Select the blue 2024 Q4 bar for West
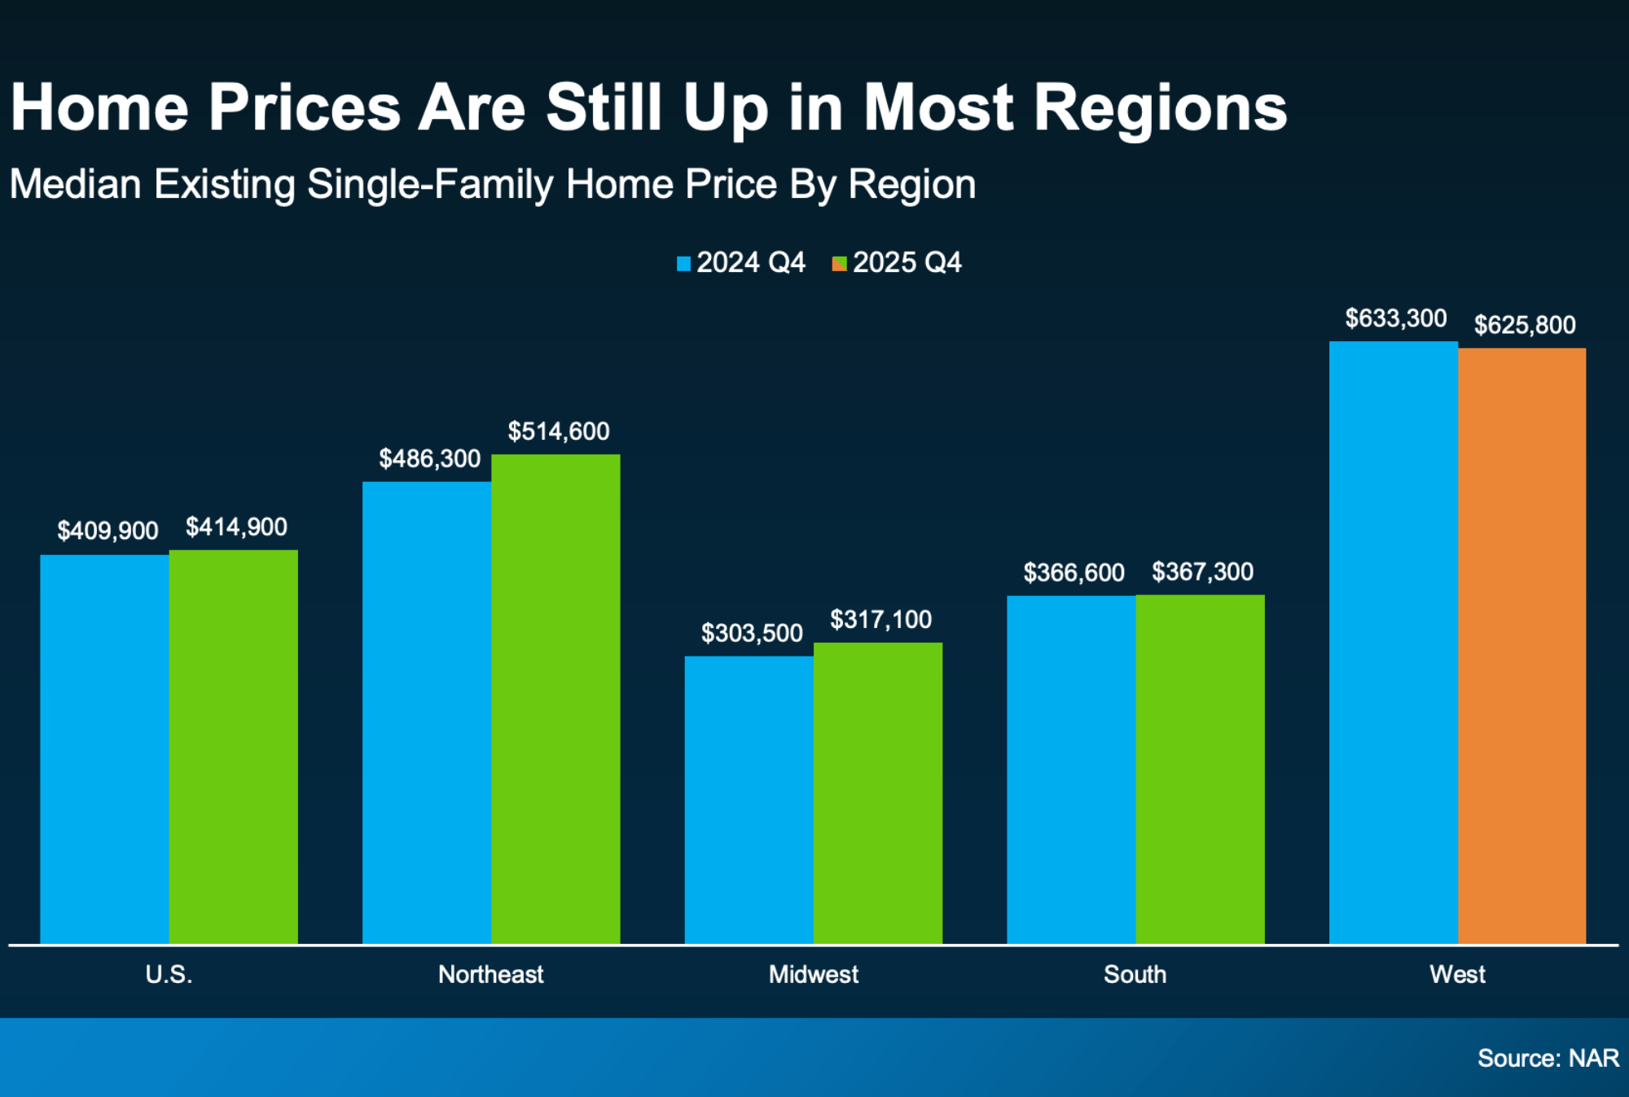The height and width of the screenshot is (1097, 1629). (x=1393, y=643)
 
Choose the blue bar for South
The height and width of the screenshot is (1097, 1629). (x=1071, y=770)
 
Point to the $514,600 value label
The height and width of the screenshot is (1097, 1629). (x=559, y=432)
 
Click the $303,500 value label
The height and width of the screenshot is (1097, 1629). (x=752, y=633)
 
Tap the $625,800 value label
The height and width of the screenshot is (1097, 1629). (x=1525, y=325)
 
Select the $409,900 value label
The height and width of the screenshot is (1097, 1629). (x=108, y=531)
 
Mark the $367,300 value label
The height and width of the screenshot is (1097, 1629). (x=1202, y=572)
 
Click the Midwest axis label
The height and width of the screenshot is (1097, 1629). (x=813, y=974)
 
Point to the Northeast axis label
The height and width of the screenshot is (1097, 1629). (x=490, y=974)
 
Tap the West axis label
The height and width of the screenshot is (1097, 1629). (x=1457, y=974)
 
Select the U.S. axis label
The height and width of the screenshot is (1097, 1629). (x=169, y=974)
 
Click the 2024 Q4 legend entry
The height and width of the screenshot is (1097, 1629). (x=741, y=263)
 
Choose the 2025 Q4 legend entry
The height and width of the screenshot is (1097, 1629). (x=898, y=263)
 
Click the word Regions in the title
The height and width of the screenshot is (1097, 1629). (x=1160, y=108)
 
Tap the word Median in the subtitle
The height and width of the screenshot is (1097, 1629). (x=76, y=184)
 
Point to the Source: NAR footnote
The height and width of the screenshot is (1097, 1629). (x=1548, y=1058)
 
